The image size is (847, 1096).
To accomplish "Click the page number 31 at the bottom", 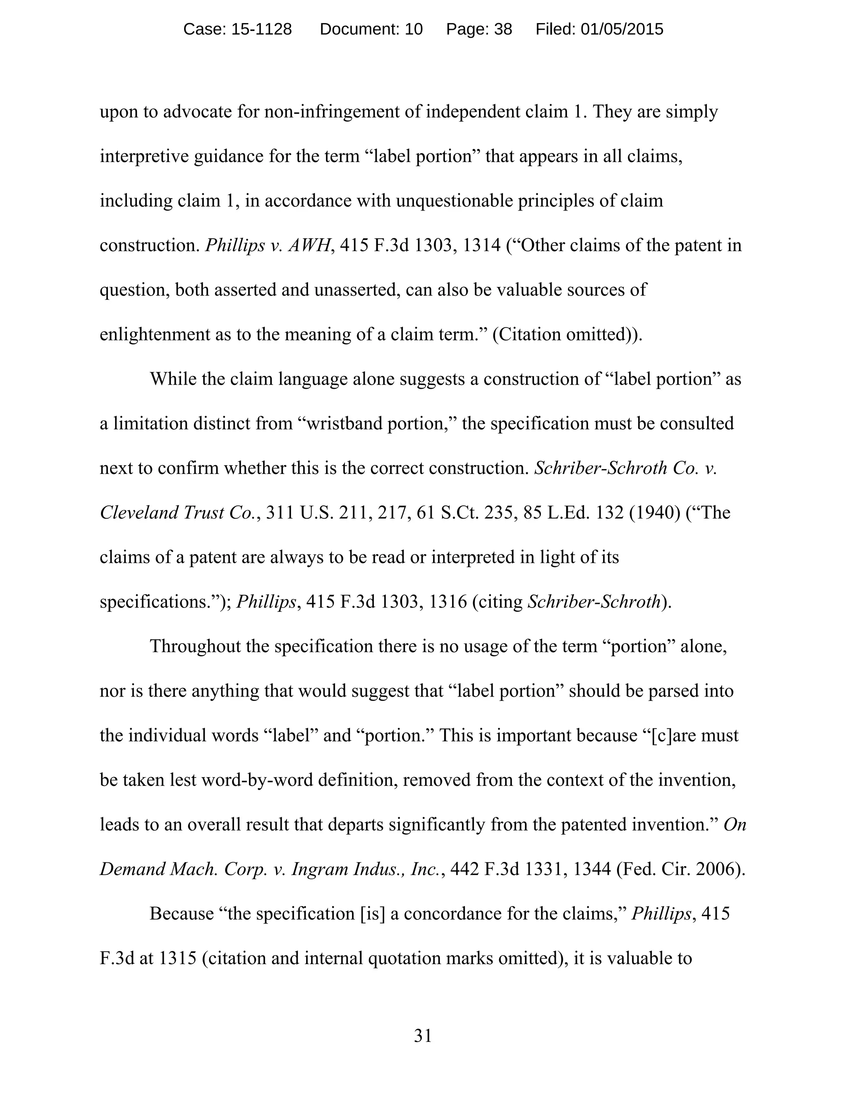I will (423, 1036).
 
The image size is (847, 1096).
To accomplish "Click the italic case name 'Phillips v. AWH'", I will (269, 245).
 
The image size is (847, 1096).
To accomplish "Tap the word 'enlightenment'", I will (155, 334).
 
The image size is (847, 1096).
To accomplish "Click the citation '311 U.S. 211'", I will (308, 513).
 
